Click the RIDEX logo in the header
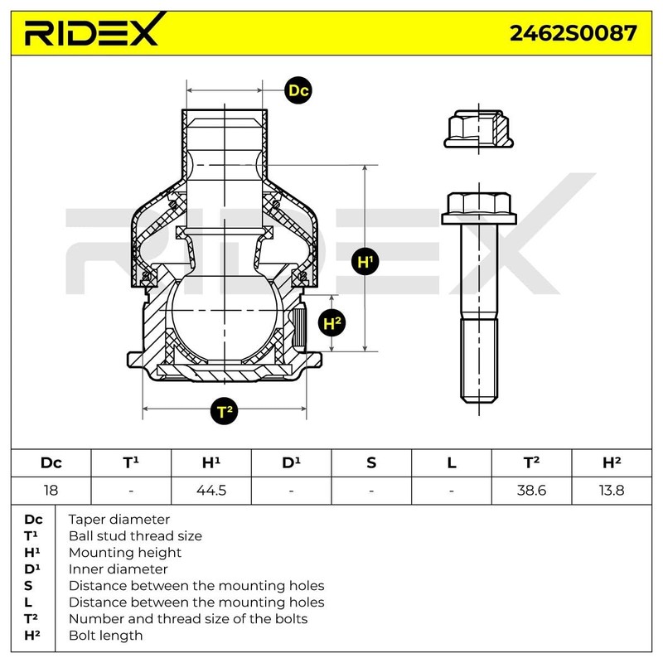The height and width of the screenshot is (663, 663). [x=90, y=32]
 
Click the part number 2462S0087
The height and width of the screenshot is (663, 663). [x=573, y=32]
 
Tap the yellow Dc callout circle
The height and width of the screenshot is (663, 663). [x=298, y=91]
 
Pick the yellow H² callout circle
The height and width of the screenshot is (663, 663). [x=332, y=323]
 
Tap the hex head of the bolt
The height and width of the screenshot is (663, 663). [x=478, y=207]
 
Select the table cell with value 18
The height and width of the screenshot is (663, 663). [x=51, y=490]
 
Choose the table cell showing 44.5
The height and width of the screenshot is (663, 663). [x=211, y=490]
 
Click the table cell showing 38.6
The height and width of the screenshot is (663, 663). [x=531, y=490]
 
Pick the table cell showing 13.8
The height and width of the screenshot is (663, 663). [x=612, y=490]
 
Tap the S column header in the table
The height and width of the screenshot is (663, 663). [x=371, y=462]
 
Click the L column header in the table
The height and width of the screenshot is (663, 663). [x=452, y=462]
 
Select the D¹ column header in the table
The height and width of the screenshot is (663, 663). [x=291, y=462]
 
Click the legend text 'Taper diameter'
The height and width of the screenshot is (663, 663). [x=119, y=520]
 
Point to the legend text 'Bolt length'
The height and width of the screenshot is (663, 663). [x=105, y=636]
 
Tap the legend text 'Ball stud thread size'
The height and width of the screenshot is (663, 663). [x=135, y=536]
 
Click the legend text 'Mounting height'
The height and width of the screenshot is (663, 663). [x=125, y=553]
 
